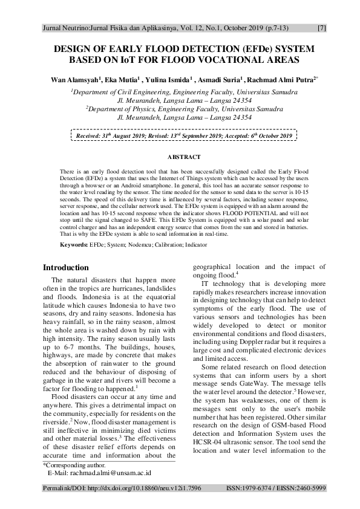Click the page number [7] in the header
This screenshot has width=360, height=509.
(x=322, y=28)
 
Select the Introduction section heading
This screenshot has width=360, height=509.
(x=65, y=267)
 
